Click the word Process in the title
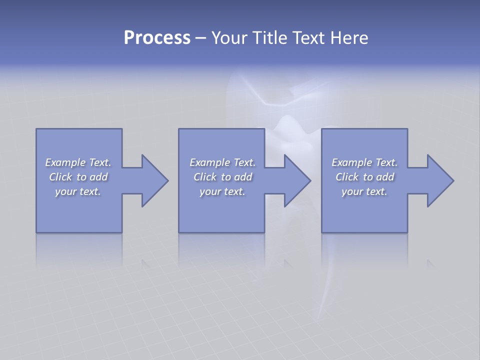pyautogui.click(x=157, y=38)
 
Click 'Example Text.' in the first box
pyautogui.click(x=78, y=162)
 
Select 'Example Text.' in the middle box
pyautogui.click(x=222, y=162)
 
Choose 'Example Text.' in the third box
pyautogui.click(x=364, y=162)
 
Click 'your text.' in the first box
pyautogui.click(x=78, y=191)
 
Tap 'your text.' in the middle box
pyautogui.click(x=222, y=191)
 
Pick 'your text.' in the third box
pyautogui.click(x=364, y=191)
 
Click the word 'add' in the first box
pyautogui.click(x=98, y=177)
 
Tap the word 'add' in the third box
pyautogui.click(x=385, y=177)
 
